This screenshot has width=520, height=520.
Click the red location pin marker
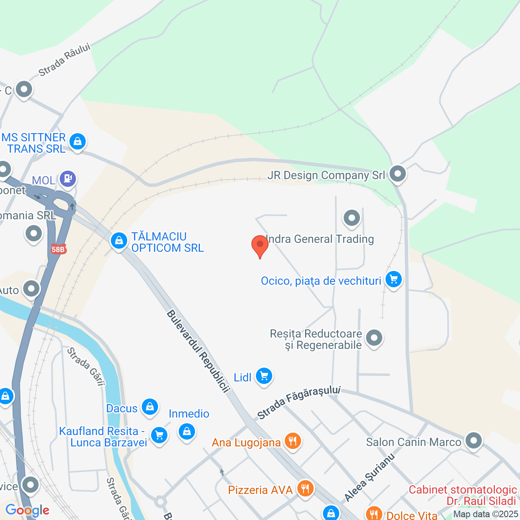(x=260, y=245)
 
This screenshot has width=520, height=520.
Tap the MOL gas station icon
(x=68, y=179)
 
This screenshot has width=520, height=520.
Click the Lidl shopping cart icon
(x=264, y=377)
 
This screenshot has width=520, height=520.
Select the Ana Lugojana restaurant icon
(x=292, y=441)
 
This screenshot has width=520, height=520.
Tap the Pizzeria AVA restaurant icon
(x=305, y=488)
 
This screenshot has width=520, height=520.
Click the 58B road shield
(x=58, y=249)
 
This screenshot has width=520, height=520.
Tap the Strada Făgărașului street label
(x=299, y=402)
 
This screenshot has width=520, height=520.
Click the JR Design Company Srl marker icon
(x=397, y=174)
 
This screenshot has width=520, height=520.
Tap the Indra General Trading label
(x=320, y=239)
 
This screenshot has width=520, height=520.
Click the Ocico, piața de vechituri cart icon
(x=393, y=279)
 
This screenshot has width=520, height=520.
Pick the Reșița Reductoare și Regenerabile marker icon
(x=374, y=338)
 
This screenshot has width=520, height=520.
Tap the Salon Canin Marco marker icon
(x=473, y=441)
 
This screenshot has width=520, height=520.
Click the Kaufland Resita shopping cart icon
(x=159, y=435)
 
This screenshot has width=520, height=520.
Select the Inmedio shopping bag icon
(x=187, y=431)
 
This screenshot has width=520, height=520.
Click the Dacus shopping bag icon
(x=149, y=407)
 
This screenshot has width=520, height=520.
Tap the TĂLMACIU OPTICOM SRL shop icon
(x=119, y=240)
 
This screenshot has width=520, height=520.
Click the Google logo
(x=28, y=510)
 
